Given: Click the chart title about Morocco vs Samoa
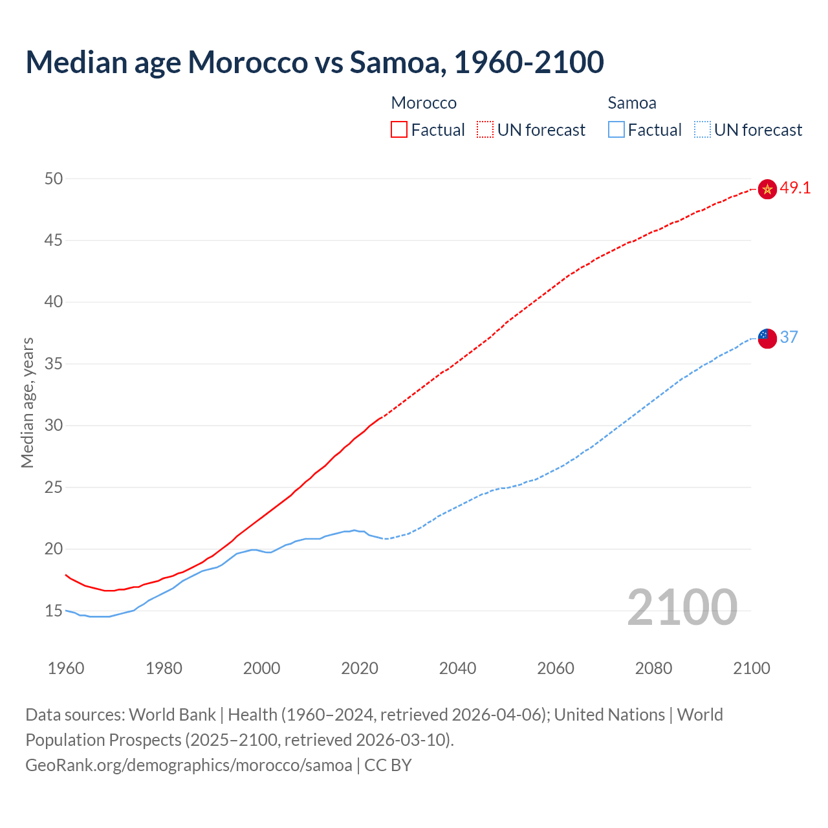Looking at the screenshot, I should coord(314,62).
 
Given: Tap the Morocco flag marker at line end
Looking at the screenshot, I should coord(767,189).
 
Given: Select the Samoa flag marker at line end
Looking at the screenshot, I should coord(767,338).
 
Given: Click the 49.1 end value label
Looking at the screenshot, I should coord(795,188).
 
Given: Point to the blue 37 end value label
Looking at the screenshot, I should coord(789,337).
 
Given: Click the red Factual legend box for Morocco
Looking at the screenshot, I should coord(399,130).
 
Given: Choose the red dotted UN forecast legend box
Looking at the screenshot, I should coord(485,130).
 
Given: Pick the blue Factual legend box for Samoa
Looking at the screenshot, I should coord(616,130).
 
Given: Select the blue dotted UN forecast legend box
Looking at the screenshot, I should coord(703,130).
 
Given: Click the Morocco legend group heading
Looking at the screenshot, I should coord(424,103).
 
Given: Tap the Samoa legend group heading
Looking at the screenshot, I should coord(631,103).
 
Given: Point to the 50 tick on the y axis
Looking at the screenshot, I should coord(54,179).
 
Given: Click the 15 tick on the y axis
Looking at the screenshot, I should coord(54,611).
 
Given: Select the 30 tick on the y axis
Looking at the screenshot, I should coord(54,426).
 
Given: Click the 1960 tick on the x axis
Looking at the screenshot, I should coord(66,668).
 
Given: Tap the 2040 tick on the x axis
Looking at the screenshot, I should coord(457,668).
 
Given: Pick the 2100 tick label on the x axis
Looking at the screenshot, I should coord(751,668).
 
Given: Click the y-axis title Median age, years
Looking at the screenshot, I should coord(27,402).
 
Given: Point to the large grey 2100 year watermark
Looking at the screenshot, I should coord(682,607).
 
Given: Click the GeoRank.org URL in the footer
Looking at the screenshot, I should coord(189,765).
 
